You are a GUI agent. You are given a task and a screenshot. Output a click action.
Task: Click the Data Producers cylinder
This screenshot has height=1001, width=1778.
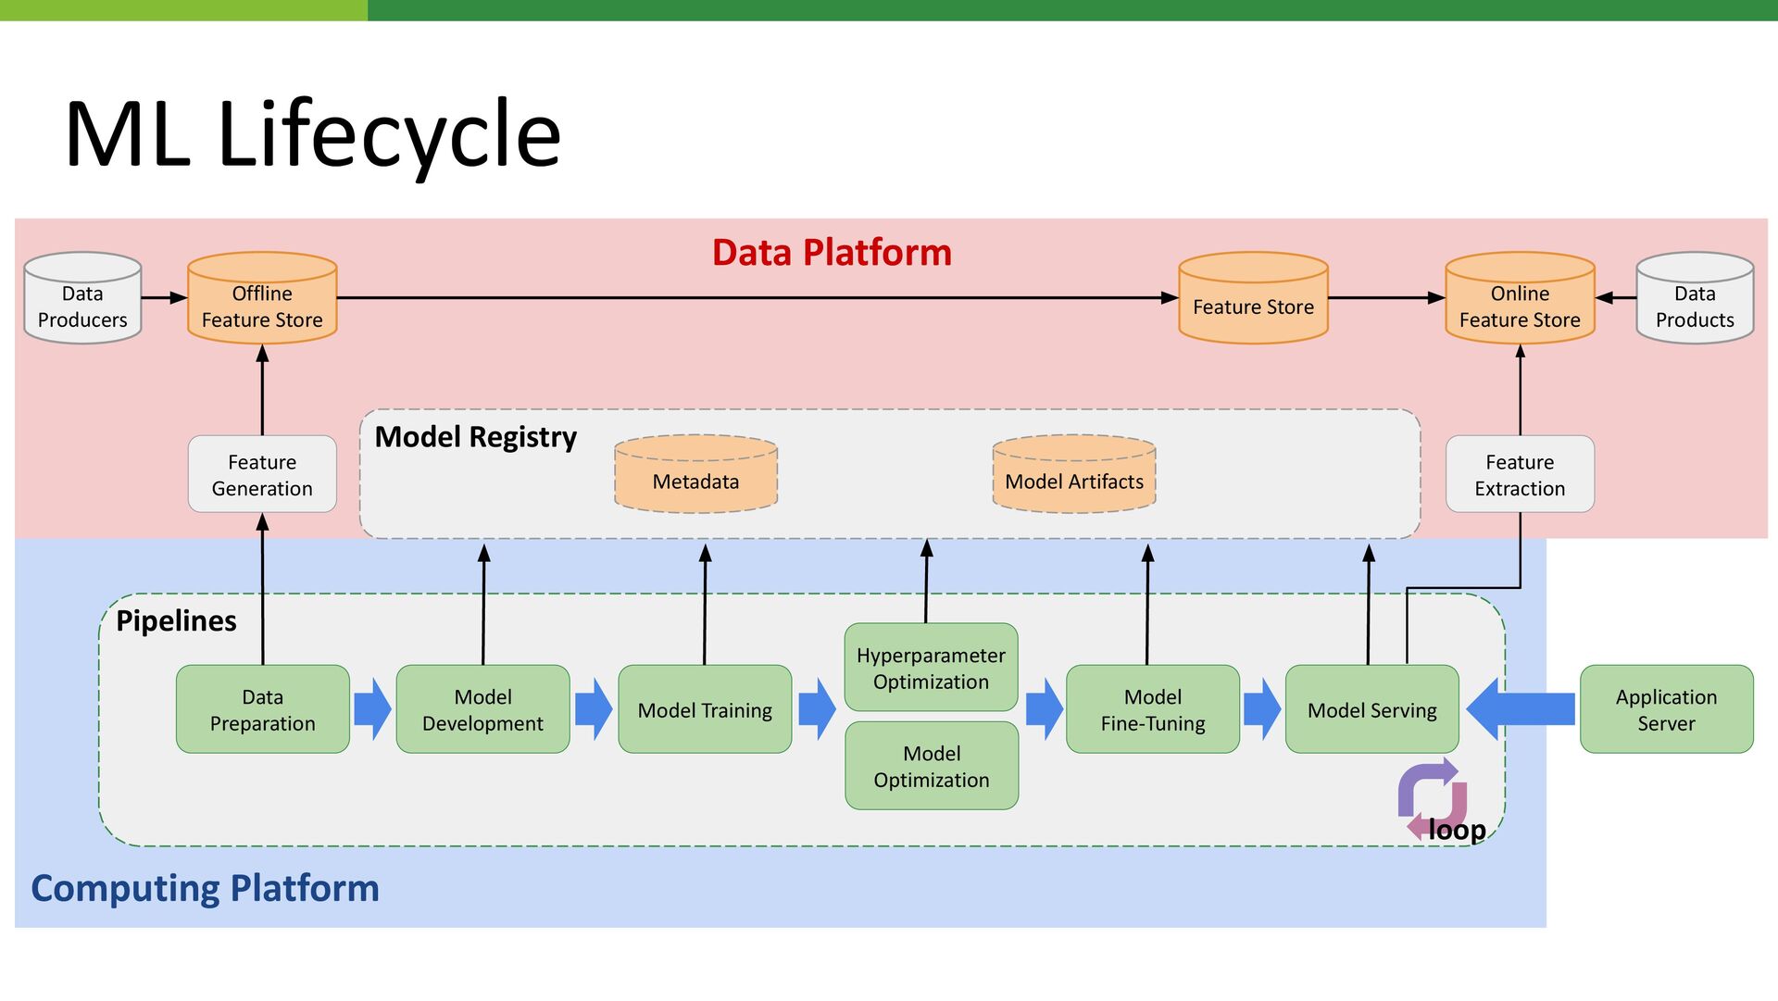click(x=82, y=298)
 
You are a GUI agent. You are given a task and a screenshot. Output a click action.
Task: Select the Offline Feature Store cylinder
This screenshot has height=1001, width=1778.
click(x=262, y=298)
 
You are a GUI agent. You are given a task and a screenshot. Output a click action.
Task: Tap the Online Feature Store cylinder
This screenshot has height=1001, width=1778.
click(x=1520, y=298)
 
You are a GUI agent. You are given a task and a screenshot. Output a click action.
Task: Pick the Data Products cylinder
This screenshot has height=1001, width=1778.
click(x=1695, y=298)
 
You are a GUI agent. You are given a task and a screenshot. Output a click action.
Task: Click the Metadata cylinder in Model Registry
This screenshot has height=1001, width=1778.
click(x=695, y=474)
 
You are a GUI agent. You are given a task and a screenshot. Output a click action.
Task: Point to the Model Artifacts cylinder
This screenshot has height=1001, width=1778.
click(x=1074, y=474)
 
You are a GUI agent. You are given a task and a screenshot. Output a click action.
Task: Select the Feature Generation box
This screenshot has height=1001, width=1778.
click(x=262, y=474)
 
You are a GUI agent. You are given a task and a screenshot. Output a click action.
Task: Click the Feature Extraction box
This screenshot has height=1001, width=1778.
click(x=1520, y=474)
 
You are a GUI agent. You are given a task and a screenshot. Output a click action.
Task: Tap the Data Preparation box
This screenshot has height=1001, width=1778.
click(x=263, y=709)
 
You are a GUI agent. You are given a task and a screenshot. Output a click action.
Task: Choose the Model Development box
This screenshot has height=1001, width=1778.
click(x=482, y=709)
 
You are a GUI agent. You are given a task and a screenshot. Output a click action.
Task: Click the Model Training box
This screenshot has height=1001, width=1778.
click(x=705, y=709)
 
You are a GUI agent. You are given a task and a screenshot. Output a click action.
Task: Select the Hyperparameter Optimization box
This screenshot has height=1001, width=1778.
click(x=931, y=668)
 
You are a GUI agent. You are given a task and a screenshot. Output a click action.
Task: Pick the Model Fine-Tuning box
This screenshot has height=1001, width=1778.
click(x=1153, y=709)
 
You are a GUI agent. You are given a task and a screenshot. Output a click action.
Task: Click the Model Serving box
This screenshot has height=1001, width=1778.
click(x=1372, y=709)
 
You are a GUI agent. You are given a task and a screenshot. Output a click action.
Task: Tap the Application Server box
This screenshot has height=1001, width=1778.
click(x=1667, y=709)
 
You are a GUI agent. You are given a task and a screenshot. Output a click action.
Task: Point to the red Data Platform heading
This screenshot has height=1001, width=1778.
click(x=832, y=253)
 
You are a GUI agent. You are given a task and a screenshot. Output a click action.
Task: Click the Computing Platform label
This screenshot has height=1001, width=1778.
click(x=206, y=889)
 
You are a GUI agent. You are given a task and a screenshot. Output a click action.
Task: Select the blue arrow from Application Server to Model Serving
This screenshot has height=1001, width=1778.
click(x=1521, y=709)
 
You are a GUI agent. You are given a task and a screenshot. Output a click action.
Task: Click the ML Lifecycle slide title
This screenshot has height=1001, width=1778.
click(x=313, y=135)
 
